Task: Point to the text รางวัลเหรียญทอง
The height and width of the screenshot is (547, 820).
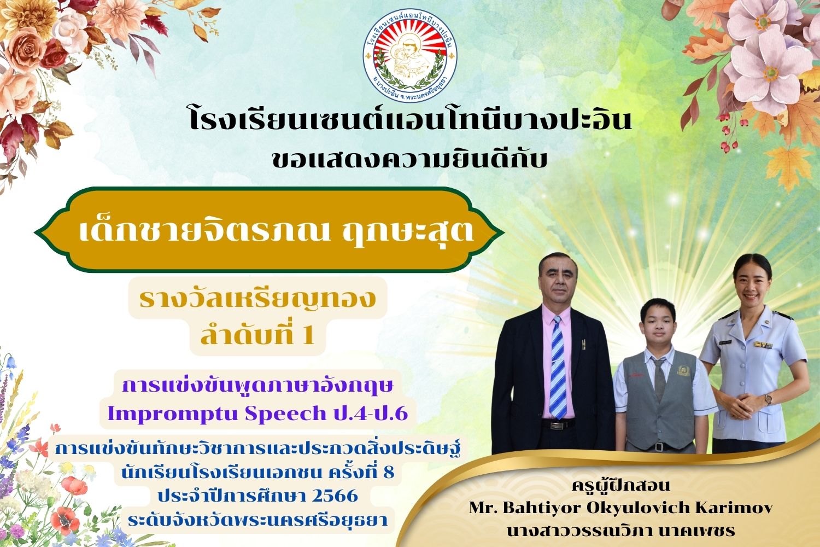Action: (257, 298)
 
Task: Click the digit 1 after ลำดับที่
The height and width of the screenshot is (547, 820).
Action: (309, 335)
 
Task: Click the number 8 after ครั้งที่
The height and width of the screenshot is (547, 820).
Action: (389, 472)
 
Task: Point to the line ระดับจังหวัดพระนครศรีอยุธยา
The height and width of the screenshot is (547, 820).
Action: (257, 520)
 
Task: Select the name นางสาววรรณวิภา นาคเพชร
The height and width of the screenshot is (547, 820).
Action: (621, 530)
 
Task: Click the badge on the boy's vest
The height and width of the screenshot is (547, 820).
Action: (682, 370)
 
